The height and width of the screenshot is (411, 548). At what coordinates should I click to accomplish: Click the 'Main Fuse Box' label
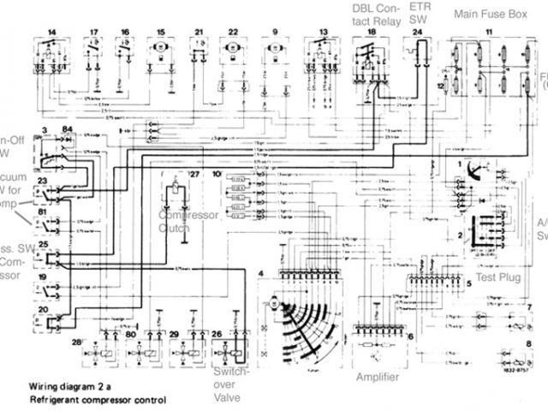point(491,14)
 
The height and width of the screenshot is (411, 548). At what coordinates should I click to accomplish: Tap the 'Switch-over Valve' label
point(230,385)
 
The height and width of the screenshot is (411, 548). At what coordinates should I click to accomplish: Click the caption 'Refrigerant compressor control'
point(97,400)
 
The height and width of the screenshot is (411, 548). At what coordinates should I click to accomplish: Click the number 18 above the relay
point(371,32)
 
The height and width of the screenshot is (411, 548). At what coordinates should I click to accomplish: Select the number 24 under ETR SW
point(418,32)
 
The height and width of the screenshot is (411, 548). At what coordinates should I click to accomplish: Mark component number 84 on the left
point(68,128)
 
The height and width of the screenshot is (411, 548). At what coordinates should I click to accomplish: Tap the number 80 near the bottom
point(131,335)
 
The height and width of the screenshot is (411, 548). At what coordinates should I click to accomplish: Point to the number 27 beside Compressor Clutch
point(194,174)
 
